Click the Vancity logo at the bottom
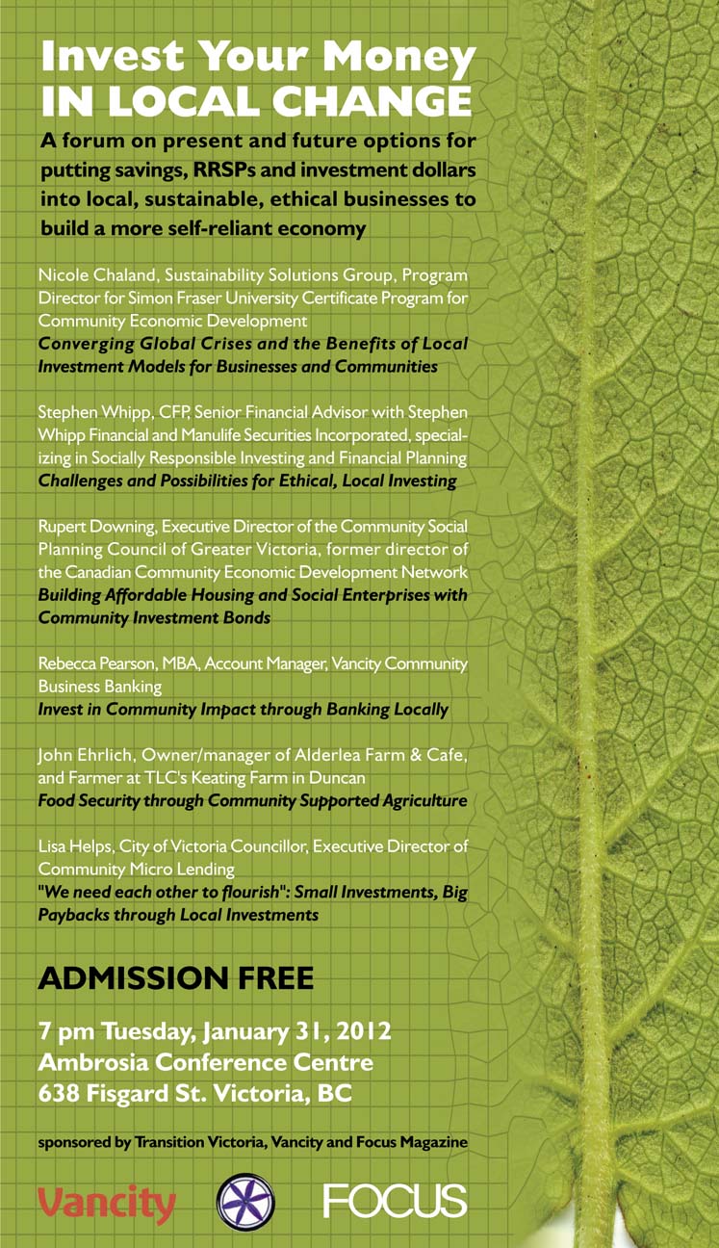[x=107, y=1203]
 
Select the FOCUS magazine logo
[x=395, y=1201]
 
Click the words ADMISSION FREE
[x=175, y=978]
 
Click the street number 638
[x=61, y=1094]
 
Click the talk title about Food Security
[x=252, y=800]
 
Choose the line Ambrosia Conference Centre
[x=205, y=1063]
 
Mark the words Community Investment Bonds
[x=154, y=617]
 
